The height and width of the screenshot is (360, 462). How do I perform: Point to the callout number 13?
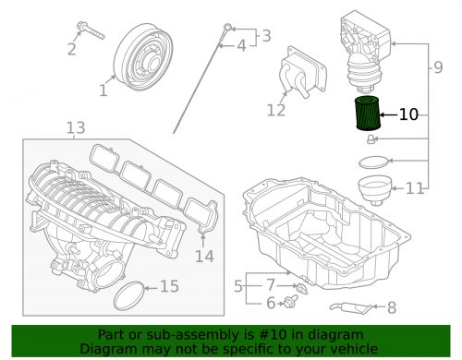point(75,126)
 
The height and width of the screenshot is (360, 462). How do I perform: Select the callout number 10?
point(408,115)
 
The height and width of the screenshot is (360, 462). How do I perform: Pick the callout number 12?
point(277,111)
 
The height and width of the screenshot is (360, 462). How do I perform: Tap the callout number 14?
point(203,256)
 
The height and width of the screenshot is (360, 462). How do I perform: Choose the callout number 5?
point(237,288)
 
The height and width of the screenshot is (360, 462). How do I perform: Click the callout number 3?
point(266,36)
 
